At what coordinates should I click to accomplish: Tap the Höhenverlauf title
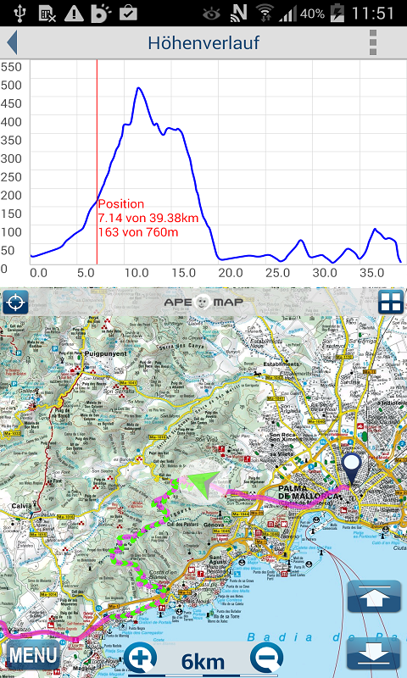pos(203,42)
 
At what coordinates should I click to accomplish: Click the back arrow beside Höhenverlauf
pos(12,42)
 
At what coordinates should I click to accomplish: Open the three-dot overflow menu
pos(372,42)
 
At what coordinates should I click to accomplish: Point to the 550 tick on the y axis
pos(10,66)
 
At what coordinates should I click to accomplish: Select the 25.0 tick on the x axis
pos(277,273)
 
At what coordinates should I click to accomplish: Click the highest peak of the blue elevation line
pos(137,87)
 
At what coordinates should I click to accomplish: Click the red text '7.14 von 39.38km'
pos(148,218)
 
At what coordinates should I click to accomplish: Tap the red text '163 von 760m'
pos(137,231)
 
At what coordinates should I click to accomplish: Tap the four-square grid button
pos(391,302)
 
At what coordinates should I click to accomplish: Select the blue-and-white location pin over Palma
pos(351,467)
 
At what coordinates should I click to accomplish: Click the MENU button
pos(33,654)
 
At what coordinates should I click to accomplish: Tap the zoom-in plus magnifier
pos(141,658)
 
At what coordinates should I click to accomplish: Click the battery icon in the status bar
pos(337,13)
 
